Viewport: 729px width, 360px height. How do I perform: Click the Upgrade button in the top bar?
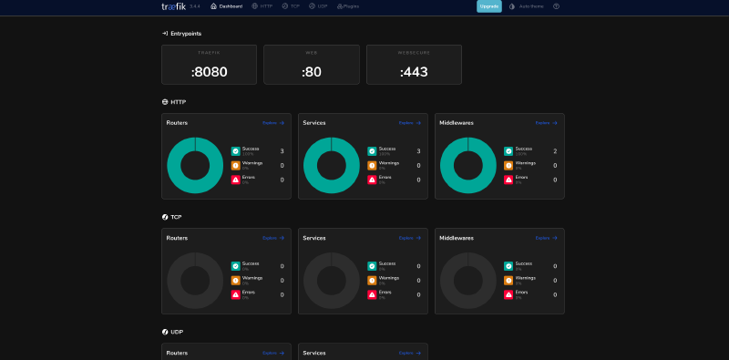(x=488, y=6)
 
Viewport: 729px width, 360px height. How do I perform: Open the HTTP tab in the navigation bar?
(x=262, y=6)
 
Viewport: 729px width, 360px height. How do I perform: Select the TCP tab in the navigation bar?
(x=291, y=6)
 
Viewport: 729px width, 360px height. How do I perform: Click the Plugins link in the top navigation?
(x=348, y=6)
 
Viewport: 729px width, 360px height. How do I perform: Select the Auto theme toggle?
(x=526, y=6)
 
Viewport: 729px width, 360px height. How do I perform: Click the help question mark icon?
(x=556, y=6)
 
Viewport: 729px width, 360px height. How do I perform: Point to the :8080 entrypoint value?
(x=209, y=71)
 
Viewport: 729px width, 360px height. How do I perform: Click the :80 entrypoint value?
(x=311, y=71)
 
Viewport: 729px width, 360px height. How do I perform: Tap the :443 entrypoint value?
(x=414, y=71)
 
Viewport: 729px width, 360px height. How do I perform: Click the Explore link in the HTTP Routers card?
(x=273, y=123)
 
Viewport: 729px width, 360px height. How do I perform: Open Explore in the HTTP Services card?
(x=410, y=123)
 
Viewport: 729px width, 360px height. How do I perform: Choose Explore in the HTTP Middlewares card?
(x=547, y=123)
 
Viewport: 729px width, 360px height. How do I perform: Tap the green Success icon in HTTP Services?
(x=372, y=151)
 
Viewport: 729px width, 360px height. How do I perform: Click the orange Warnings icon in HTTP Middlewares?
(x=508, y=166)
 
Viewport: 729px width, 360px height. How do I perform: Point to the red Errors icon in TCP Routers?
(x=235, y=294)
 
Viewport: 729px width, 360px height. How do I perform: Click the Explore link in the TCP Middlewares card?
(x=547, y=238)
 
